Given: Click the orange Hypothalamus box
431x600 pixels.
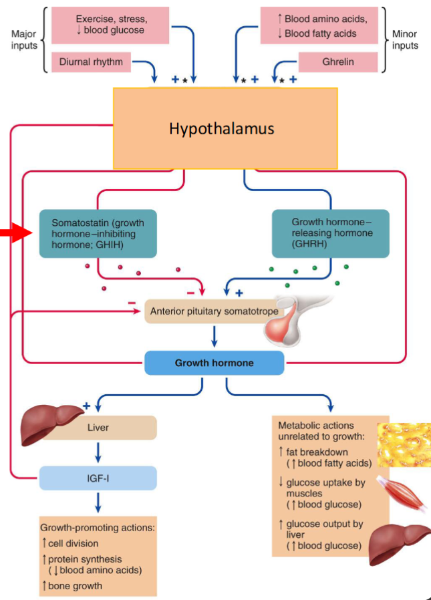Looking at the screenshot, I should click(225, 128).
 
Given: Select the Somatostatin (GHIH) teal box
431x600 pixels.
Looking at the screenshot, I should click(98, 233).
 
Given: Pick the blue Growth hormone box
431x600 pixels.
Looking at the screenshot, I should click(214, 363).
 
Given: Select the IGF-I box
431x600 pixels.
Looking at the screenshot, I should click(98, 478).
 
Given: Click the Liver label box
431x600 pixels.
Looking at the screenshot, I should click(98, 427).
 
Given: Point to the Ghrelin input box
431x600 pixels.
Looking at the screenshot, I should click(338, 61).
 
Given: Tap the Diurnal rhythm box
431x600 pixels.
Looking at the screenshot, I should click(91, 62).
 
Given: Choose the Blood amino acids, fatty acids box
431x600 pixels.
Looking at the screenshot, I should click(319, 25).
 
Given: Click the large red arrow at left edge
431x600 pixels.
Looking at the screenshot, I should click(15, 233).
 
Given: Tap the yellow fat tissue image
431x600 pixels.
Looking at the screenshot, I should click(403, 444).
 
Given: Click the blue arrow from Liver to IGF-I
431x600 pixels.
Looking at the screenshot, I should click(98, 452).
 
